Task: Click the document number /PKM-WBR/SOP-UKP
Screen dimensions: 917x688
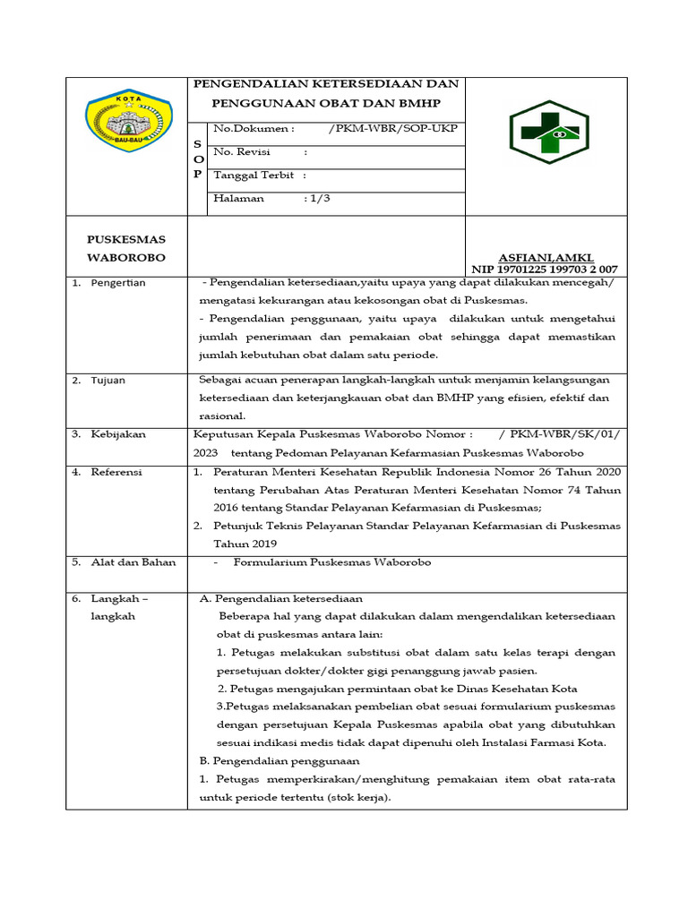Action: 393,129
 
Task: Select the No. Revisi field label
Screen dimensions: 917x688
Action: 242,152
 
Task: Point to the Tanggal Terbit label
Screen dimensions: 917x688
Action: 254,176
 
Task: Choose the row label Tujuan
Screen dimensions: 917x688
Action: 107,380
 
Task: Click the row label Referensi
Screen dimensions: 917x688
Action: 116,471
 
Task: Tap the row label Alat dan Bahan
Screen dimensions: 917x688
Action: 133,562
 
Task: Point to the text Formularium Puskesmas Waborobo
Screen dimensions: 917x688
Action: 331,562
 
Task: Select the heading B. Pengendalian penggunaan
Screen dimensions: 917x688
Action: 279,760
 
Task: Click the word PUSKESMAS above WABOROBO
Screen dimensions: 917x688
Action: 125,239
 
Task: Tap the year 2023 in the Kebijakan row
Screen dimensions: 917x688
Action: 205,453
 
